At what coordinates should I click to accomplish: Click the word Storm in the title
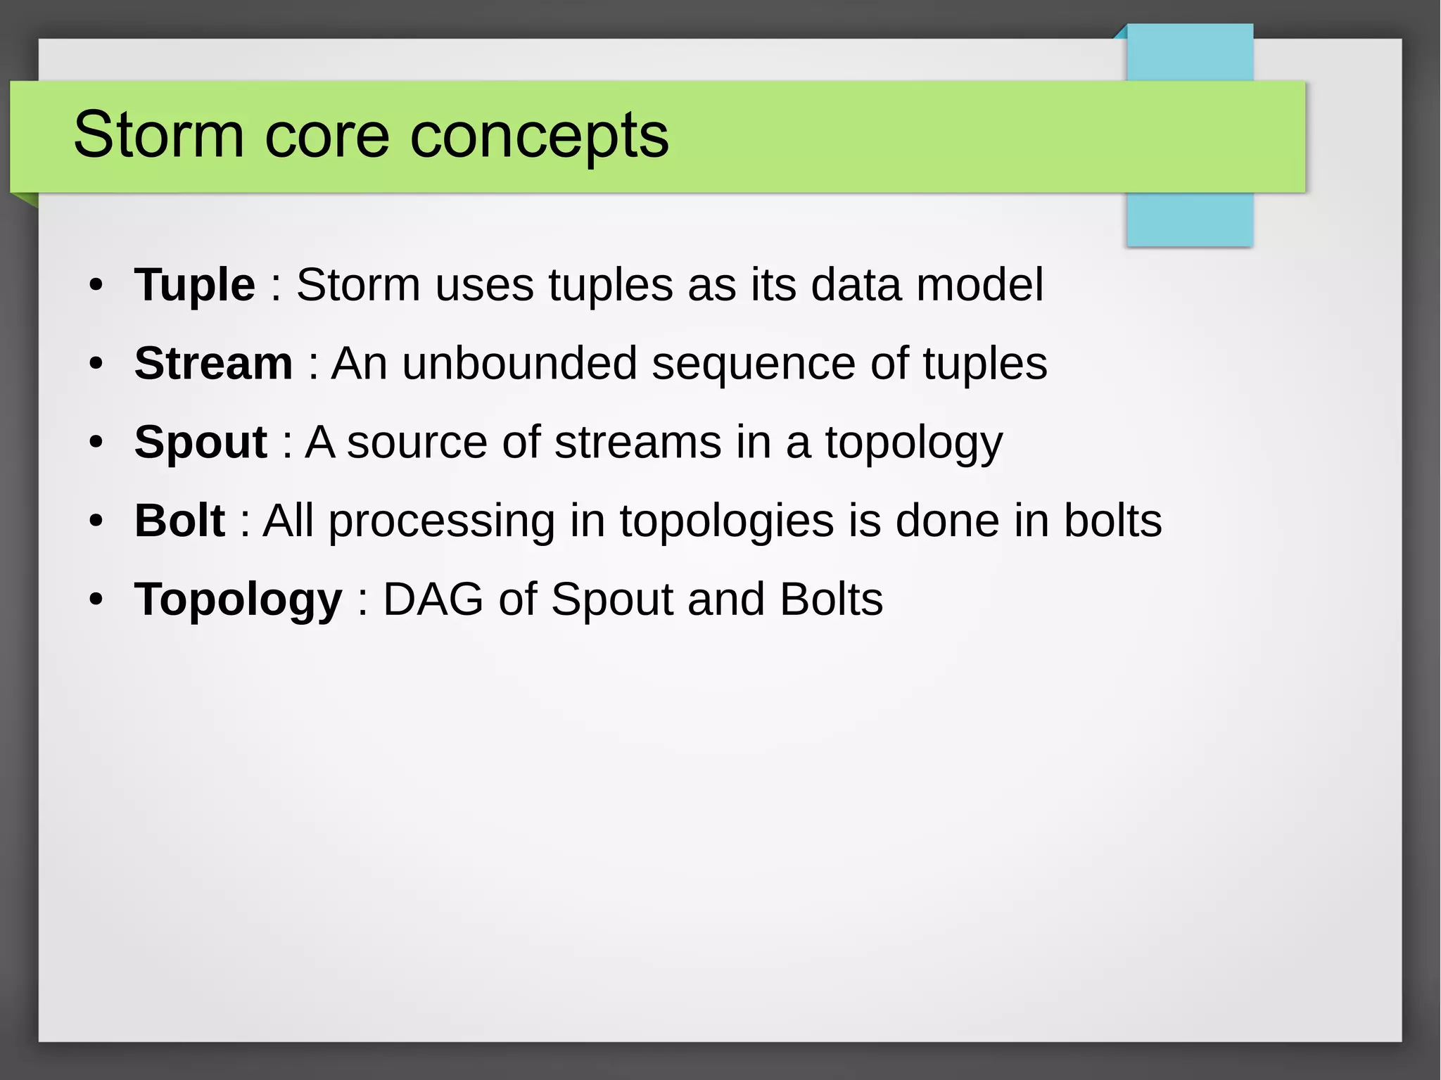(x=158, y=134)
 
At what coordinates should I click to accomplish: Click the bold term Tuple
(x=194, y=286)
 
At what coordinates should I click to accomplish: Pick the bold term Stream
(x=213, y=364)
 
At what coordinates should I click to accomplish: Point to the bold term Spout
(x=201, y=443)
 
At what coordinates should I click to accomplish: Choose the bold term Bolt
(x=179, y=521)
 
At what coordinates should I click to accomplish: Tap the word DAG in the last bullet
(x=433, y=599)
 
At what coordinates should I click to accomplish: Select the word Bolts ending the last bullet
(x=831, y=599)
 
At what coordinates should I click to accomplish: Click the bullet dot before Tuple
(x=96, y=286)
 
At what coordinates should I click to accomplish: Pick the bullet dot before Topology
(x=96, y=600)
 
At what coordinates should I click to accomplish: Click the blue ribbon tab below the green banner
(x=1189, y=219)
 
